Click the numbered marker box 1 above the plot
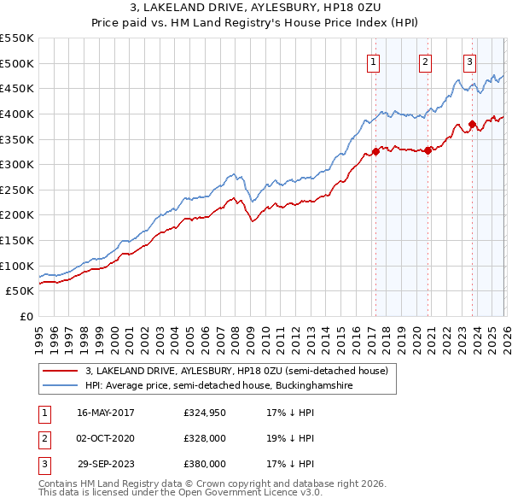coord(374,61)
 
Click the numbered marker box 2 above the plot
coord(425,61)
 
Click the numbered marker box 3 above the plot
coord(470,61)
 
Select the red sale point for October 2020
coord(428,150)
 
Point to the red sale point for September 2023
coord(472,124)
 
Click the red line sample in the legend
coord(60,372)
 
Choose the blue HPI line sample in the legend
coord(60,386)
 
